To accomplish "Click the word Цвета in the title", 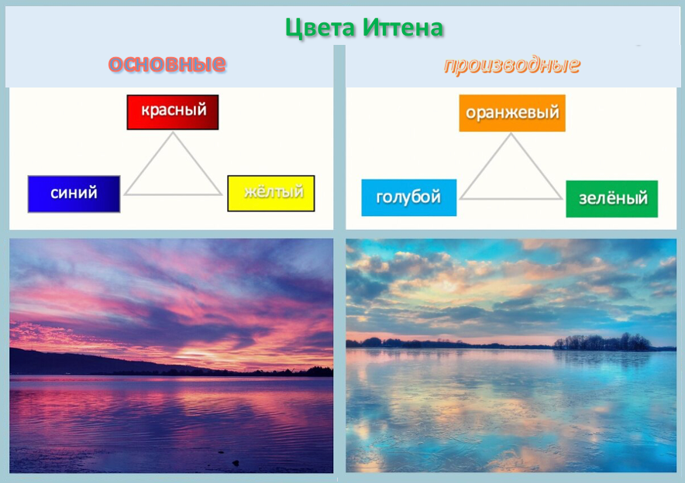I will pyautogui.click(x=320, y=29).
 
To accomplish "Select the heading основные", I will pyautogui.click(x=167, y=63).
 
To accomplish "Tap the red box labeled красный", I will pyautogui.click(x=173, y=111).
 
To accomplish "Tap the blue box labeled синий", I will pyautogui.click(x=74, y=194).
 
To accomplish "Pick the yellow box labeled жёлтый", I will pyautogui.click(x=271, y=193).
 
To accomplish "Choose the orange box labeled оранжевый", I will pyautogui.click(x=511, y=113).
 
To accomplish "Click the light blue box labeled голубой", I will pyautogui.click(x=408, y=197).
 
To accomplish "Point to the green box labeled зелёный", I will pyautogui.click(x=612, y=199).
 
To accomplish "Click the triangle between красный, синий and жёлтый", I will pyautogui.click(x=173, y=174).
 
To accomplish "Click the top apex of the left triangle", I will pyautogui.click(x=173, y=134).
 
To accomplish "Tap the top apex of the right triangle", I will pyautogui.click(x=511, y=135).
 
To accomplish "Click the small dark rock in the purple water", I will pyautogui.click(x=235, y=462).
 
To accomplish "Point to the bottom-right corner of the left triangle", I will pyautogui.click(x=220, y=194).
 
